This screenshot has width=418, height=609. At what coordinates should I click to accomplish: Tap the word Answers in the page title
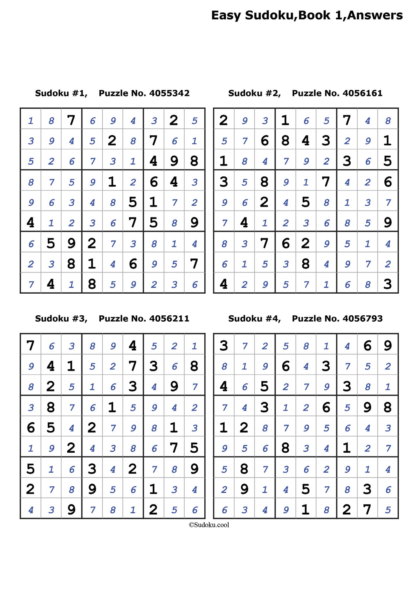(375, 15)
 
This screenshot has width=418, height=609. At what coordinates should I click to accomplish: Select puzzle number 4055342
(169, 93)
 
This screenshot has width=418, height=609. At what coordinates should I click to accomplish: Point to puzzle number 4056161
(362, 93)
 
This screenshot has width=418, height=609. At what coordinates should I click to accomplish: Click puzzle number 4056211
(169, 319)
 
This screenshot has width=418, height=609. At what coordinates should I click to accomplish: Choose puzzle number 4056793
(362, 319)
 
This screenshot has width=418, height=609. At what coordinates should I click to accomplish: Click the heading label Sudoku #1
(61, 93)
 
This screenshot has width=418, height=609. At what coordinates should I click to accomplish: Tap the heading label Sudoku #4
(254, 319)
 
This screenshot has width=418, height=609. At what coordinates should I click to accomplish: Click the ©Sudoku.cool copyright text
(209, 525)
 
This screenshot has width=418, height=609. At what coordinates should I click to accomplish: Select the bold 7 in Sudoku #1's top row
(71, 120)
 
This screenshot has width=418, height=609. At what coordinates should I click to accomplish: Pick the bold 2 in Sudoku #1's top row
(174, 120)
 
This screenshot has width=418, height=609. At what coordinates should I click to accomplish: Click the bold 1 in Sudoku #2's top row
(285, 120)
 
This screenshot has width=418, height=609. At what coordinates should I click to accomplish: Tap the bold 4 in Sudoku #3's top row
(133, 345)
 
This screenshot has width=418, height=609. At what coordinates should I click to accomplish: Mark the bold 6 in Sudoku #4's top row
(367, 345)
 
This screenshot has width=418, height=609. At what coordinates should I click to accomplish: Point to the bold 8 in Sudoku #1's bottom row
(92, 284)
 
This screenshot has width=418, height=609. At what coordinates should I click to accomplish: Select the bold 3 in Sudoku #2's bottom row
(388, 284)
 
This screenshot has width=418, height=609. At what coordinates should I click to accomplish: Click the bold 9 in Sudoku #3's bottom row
(71, 509)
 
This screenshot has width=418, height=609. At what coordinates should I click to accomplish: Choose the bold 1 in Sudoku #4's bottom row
(306, 509)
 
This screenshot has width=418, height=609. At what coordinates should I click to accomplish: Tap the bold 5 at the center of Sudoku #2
(306, 202)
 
